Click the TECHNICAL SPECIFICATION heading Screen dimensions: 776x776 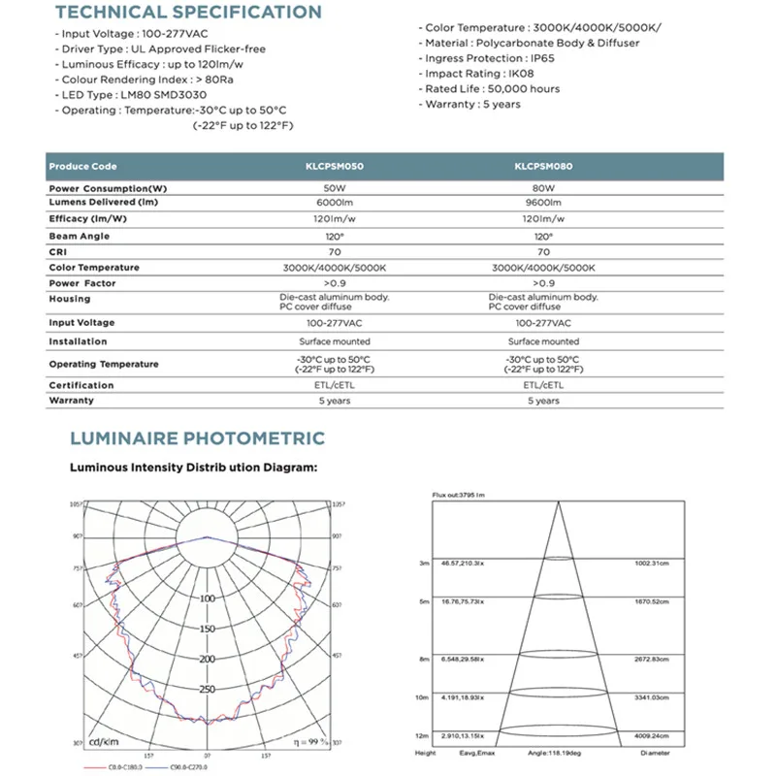tap(188, 13)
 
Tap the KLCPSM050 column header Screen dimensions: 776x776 tap(333, 167)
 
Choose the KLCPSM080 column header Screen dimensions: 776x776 tap(543, 167)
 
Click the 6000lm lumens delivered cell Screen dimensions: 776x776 tap(333, 203)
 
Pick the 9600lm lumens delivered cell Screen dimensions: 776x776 tap(543, 203)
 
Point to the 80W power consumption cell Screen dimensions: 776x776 tap(543, 187)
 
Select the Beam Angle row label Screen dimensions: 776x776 tap(80, 236)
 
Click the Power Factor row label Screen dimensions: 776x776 tap(82, 283)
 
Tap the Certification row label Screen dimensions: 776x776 tap(81, 385)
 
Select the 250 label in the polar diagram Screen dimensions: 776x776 tap(207, 690)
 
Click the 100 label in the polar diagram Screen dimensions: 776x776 tap(207, 598)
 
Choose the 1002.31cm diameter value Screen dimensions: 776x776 tap(656, 563)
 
